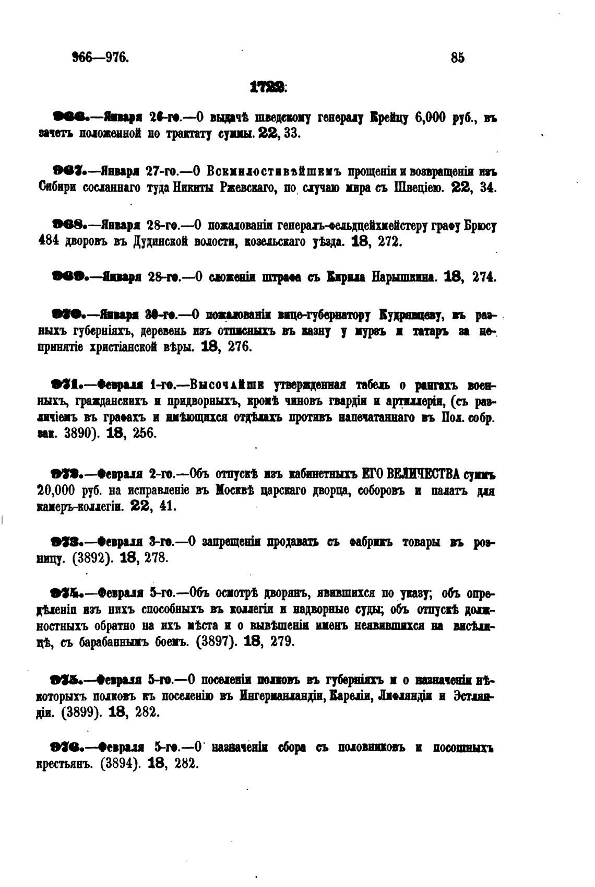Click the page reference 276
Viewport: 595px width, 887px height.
pos(240,347)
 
